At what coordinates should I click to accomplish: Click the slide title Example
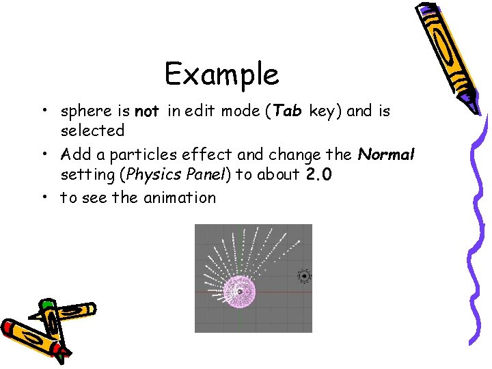click(x=221, y=74)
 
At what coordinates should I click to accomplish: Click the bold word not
click(x=147, y=111)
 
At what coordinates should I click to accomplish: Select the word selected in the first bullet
click(x=92, y=130)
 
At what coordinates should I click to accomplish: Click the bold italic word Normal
click(x=386, y=155)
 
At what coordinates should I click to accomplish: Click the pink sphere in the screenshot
click(x=240, y=291)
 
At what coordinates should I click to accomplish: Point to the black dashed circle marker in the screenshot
click(x=304, y=276)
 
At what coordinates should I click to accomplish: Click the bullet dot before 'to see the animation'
click(x=43, y=198)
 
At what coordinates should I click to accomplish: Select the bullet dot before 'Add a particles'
click(x=43, y=155)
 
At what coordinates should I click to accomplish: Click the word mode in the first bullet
click(x=239, y=111)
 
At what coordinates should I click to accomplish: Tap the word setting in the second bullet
click(x=87, y=174)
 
